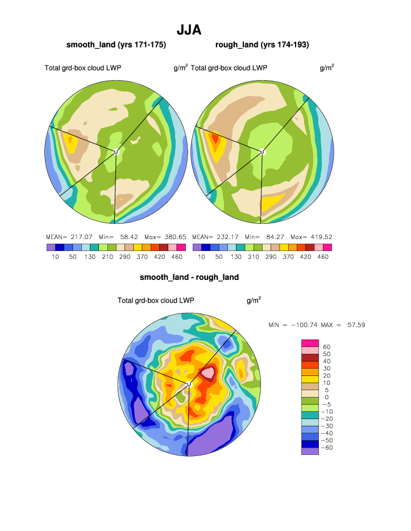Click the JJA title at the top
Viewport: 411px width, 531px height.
click(x=189, y=30)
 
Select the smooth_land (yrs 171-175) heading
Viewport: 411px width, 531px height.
click(x=116, y=45)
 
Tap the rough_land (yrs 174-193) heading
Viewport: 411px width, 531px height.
click(x=262, y=45)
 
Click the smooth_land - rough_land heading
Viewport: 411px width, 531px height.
click(x=189, y=277)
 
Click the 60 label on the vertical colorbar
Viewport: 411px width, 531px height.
click(x=326, y=346)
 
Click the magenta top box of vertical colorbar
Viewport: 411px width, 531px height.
click(x=310, y=342)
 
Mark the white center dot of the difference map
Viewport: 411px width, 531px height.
click(x=190, y=384)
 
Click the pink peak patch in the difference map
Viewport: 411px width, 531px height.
click(x=208, y=373)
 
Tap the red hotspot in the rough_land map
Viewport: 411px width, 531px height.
click(x=215, y=137)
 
